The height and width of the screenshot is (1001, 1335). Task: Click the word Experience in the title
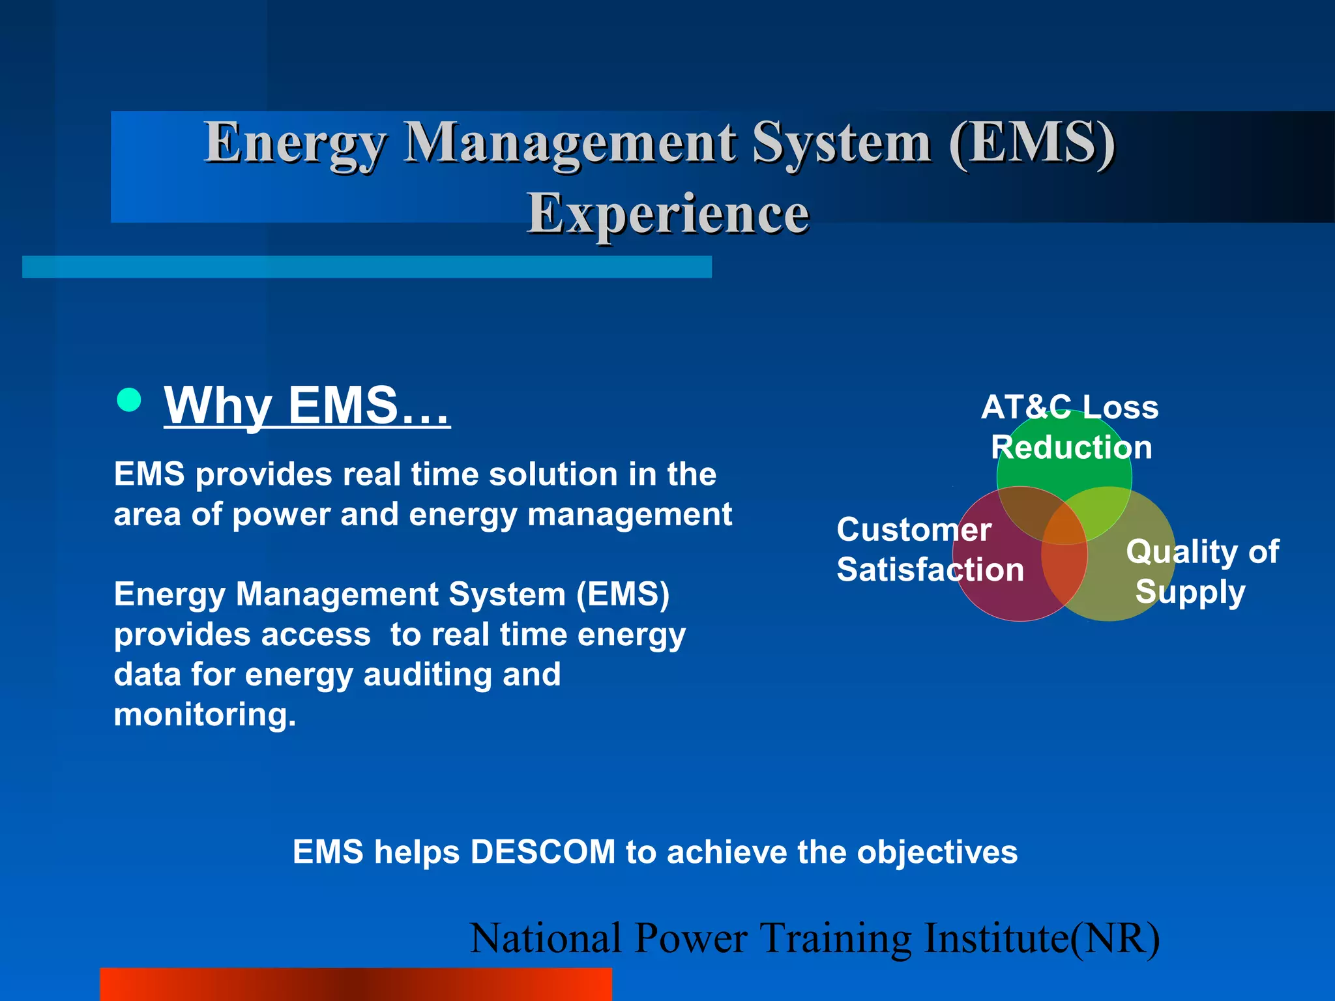tap(667, 214)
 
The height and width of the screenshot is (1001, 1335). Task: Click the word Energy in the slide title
tap(295, 143)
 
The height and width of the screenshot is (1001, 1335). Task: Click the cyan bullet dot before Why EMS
tap(129, 400)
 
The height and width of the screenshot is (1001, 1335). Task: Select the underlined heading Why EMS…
tap(306, 405)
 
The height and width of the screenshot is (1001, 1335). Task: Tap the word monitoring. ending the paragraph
tap(205, 715)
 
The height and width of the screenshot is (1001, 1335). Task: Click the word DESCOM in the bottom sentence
tap(542, 852)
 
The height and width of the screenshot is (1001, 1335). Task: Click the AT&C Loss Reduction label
tap(1070, 427)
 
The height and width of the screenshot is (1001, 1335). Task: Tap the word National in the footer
tap(545, 938)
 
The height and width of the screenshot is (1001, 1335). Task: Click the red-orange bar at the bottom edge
tap(355, 984)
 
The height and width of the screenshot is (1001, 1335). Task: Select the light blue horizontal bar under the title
tap(366, 267)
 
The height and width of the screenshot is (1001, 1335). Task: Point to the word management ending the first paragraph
tap(629, 515)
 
